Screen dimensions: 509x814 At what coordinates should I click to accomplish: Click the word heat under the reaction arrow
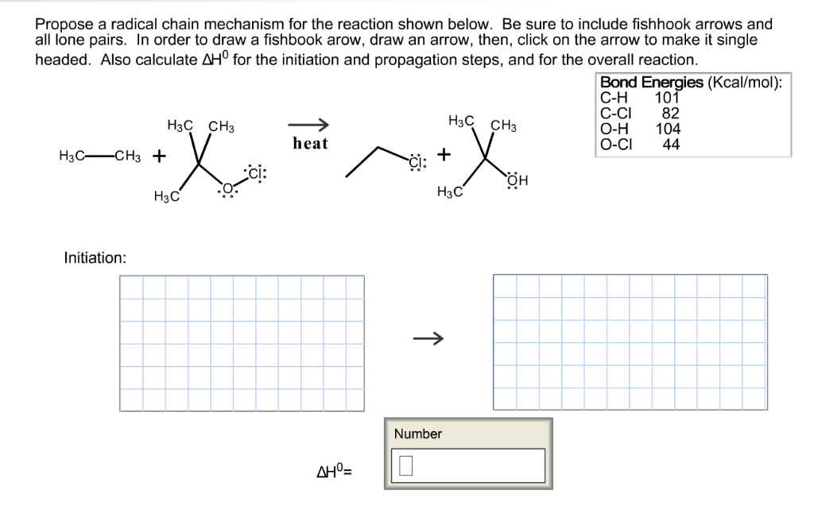coord(310,144)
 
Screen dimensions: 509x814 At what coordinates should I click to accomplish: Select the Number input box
coord(467,465)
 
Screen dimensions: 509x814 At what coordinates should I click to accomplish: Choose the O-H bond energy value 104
coord(668,129)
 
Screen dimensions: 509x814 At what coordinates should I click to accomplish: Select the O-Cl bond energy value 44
coord(671,144)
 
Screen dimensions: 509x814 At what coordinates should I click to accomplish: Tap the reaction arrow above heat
coord(308,124)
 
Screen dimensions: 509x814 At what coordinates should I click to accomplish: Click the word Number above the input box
coord(417,434)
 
